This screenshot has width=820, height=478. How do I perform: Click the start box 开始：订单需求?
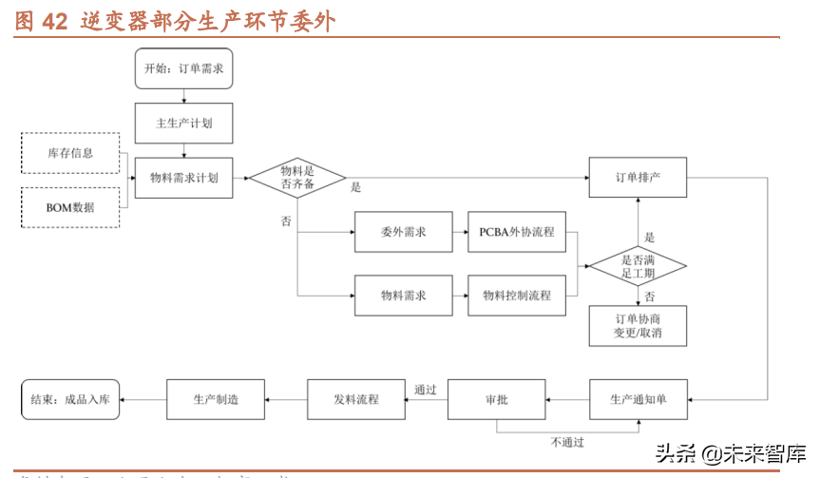click(x=183, y=69)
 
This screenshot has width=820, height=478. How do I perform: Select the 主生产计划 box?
click(x=183, y=124)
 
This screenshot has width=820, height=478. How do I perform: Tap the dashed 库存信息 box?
click(x=70, y=153)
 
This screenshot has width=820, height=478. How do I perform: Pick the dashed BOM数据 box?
click(x=70, y=207)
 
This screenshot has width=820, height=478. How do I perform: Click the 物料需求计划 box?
click(x=183, y=178)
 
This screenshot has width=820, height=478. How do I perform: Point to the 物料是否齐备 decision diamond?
click(x=296, y=178)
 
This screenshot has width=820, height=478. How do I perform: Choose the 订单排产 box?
click(x=637, y=178)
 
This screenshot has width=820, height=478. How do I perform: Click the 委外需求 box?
click(x=403, y=232)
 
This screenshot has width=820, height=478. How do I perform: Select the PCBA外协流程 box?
click(x=516, y=232)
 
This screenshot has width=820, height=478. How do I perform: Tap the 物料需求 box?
click(x=403, y=296)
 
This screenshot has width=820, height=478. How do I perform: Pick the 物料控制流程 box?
click(x=516, y=296)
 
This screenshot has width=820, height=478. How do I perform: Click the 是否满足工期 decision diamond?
click(x=637, y=265)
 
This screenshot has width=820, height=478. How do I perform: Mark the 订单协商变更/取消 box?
click(x=637, y=326)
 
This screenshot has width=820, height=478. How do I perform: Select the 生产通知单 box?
click(x=637, y=399)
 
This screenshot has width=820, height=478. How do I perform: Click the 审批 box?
click(x=496, y=399)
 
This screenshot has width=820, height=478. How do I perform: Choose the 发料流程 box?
click(x=355, y=399)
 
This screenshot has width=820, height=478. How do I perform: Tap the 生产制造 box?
click(x=216, y=399)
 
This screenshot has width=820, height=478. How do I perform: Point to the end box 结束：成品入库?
click(x=70, y=399)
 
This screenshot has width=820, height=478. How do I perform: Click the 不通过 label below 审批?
click(x=566, y=442)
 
